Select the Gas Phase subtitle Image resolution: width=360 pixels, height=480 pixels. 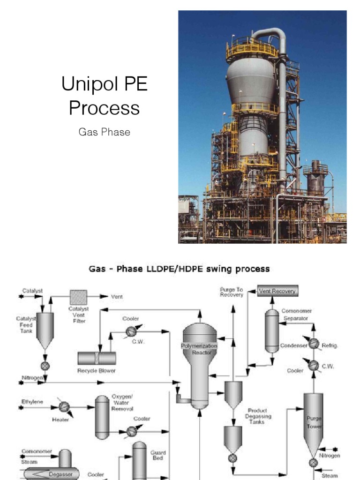(104, 132)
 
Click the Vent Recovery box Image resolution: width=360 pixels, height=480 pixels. (278, 291)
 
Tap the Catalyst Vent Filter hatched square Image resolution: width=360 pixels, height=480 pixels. (78, 297)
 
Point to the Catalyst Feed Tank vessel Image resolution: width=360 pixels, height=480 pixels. (45, 330)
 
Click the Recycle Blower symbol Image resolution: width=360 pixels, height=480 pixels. (97, 359)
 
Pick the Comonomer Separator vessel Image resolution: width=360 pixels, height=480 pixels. (272, 330)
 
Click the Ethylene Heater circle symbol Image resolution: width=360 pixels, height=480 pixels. (64, 406)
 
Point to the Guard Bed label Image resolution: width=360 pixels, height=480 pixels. (157, 455)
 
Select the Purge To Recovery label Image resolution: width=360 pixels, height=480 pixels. (232, 292)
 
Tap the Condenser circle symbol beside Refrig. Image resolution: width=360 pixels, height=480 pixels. (314, 345)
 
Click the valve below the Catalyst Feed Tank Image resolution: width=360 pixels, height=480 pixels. (45, 366)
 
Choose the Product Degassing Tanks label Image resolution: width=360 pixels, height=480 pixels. (260, 416)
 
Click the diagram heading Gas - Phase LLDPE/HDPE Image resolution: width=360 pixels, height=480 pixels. (179, 269)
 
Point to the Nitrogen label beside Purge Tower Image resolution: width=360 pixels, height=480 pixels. (330, 455)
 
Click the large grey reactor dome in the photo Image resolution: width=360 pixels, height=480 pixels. (251, 80)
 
